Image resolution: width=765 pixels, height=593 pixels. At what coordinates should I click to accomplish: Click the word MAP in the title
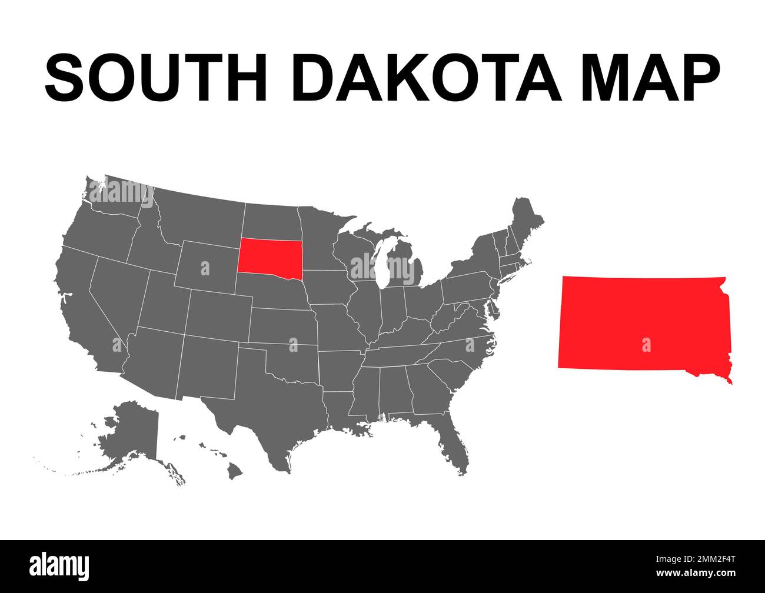[650, 78]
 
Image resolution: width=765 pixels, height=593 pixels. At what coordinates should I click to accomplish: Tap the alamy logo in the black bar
[59, 565]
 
